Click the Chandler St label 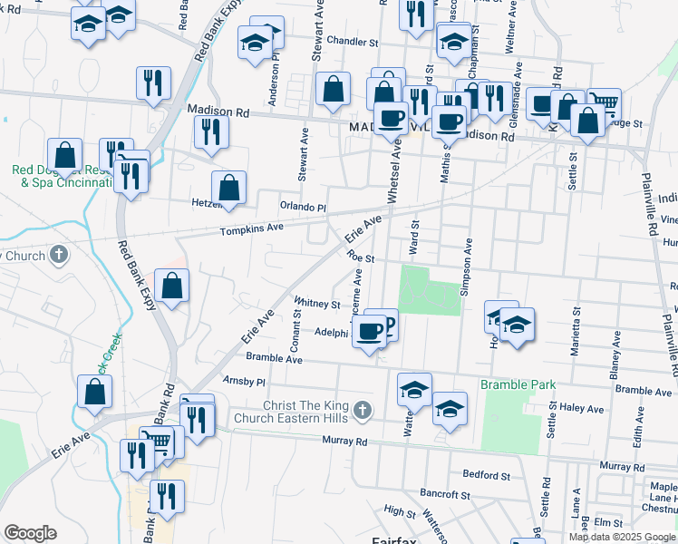(353, 42)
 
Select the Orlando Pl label (303, 207)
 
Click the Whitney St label (316, 304)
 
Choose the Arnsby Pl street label (246, 383)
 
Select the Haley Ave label (582, 408)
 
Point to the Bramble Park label (518, 385)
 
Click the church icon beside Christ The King (362, 412)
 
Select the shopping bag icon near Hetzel (229, 187)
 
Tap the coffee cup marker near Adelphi (369, 331)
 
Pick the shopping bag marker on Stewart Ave (334, 88)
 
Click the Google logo (30, 532)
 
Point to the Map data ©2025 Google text (622, 537)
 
